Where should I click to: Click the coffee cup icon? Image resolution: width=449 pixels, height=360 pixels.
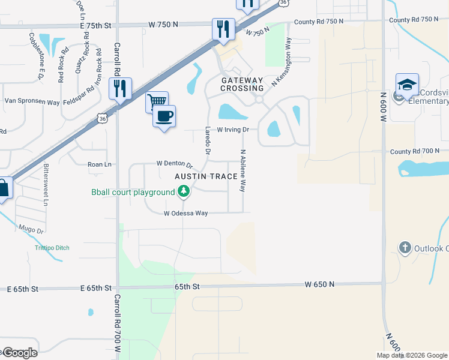pos(164,115)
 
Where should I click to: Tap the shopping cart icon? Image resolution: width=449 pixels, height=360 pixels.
pos(156,101)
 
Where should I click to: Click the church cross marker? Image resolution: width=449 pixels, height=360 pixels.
pos(405,247)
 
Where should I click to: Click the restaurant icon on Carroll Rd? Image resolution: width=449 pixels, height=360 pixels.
pos(119,88)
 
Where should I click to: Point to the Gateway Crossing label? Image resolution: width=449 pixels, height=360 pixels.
pos(243,84)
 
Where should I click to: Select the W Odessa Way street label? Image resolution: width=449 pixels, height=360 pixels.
pos(186,213)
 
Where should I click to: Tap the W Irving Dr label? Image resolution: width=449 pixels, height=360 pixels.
pos(233,130)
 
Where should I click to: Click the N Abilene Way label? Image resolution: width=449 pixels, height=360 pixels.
pos(243,170)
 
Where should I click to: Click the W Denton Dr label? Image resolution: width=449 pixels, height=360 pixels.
pos(174,163)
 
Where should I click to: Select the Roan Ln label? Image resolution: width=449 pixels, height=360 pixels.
pos(100,164)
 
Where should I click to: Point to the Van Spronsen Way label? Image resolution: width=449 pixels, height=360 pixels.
pos(32,102)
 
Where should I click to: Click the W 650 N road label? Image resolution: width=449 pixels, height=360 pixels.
pos(319,284)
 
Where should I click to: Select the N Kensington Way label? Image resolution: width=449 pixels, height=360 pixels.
pos(280,62)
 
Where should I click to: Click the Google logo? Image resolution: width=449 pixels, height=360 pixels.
pos(20,353)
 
